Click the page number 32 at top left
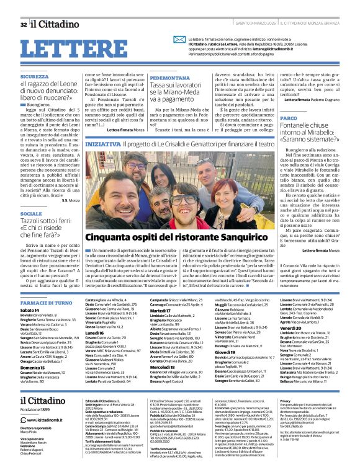[23, 24]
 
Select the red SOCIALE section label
[30, 213]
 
